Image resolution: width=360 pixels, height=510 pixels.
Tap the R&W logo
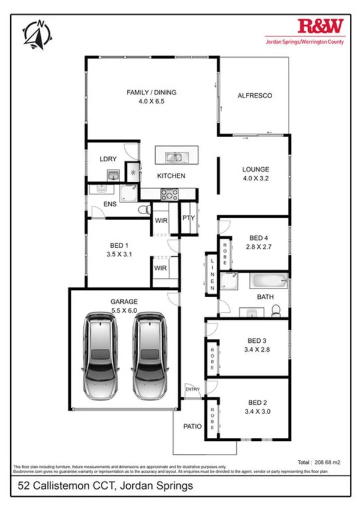[321, 26]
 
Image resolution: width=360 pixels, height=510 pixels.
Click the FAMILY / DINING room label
[151, 93]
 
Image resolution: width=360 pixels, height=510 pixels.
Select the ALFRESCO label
[255, 96]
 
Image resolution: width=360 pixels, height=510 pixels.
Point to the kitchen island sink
[175, 158]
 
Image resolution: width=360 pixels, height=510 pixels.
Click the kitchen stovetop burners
[169, 194]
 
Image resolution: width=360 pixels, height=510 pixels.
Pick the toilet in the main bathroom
[275, 310]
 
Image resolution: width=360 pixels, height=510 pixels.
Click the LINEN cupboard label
[212, 275]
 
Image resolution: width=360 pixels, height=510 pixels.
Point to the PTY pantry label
[189, 218]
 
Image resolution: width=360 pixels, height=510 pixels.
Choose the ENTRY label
[193, 390]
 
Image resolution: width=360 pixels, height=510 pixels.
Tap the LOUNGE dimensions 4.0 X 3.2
[255, 179]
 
